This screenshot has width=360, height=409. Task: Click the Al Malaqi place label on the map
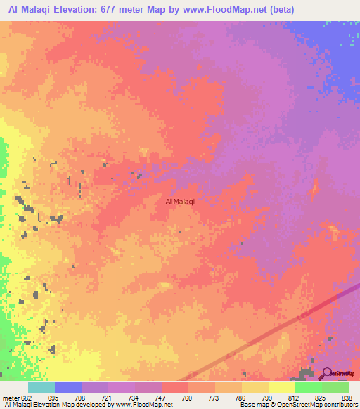179,202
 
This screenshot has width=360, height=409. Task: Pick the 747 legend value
161,398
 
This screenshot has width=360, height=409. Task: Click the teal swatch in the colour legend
41,387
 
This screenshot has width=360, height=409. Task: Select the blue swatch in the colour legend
68,387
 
